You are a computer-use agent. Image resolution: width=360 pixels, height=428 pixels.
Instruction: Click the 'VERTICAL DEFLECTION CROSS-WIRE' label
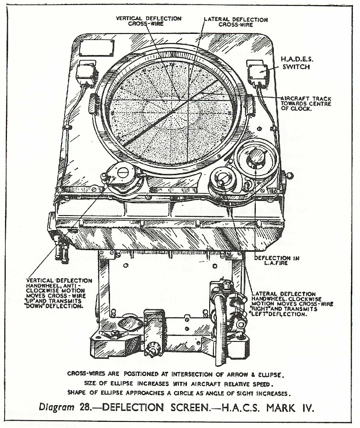[155, 21]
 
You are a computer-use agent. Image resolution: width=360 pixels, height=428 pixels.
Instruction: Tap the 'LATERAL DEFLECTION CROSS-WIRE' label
[235, 22]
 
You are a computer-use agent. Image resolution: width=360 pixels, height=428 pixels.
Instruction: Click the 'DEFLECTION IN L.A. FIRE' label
[277, 260]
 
